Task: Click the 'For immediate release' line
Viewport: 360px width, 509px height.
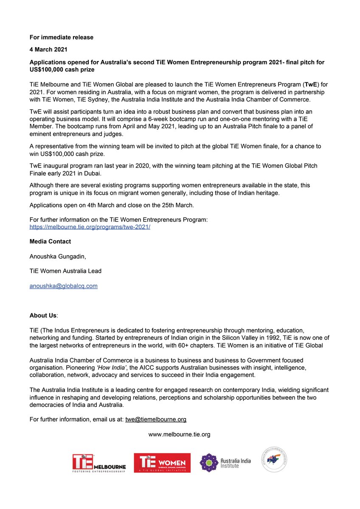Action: click(x=61, y=37)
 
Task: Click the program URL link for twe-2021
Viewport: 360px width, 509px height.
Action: click(x=90, y=227)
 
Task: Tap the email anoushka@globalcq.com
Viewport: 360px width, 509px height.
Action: click(x=63, y=286)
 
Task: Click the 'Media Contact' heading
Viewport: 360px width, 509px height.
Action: click(x=50, y=241)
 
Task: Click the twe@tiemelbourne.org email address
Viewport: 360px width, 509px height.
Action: click(x=156, y=419)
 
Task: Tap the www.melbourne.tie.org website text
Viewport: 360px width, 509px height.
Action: click(x=179, y=434)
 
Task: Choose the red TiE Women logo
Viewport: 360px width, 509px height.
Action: click(x=162, y=463)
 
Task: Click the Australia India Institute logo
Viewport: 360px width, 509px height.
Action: click(x=225, y=463)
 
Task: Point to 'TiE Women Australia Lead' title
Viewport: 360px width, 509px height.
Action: click(x=65, y=271)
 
